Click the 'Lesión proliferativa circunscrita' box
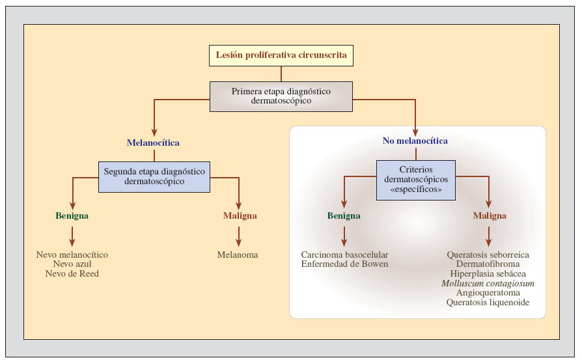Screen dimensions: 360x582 (281, 55)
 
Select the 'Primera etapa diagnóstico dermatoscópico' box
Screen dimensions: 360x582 (281, 96)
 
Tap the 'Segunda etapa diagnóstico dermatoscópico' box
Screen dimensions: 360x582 (154, 176)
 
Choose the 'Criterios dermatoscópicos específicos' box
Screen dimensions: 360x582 (416, 180)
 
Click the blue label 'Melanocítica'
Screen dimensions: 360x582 (153, 142)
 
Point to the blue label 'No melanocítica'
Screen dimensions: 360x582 (415, 141)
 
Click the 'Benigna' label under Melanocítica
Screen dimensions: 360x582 (72, 215)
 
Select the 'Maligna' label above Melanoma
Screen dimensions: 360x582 (239, 215)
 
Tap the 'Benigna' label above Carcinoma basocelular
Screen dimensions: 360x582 (344, 215)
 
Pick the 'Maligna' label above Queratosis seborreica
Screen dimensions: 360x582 (489, 215)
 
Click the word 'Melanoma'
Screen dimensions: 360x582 (238, 255)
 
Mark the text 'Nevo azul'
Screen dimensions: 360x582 (72, 264)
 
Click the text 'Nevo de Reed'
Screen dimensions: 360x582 (72, 274)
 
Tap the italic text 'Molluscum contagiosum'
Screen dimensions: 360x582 (488, 284)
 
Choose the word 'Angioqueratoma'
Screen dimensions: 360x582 (488, 293)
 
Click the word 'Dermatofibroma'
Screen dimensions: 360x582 (488, 264)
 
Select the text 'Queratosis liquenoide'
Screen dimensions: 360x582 (488, 303)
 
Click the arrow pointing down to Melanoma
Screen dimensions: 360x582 (239, 235)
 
